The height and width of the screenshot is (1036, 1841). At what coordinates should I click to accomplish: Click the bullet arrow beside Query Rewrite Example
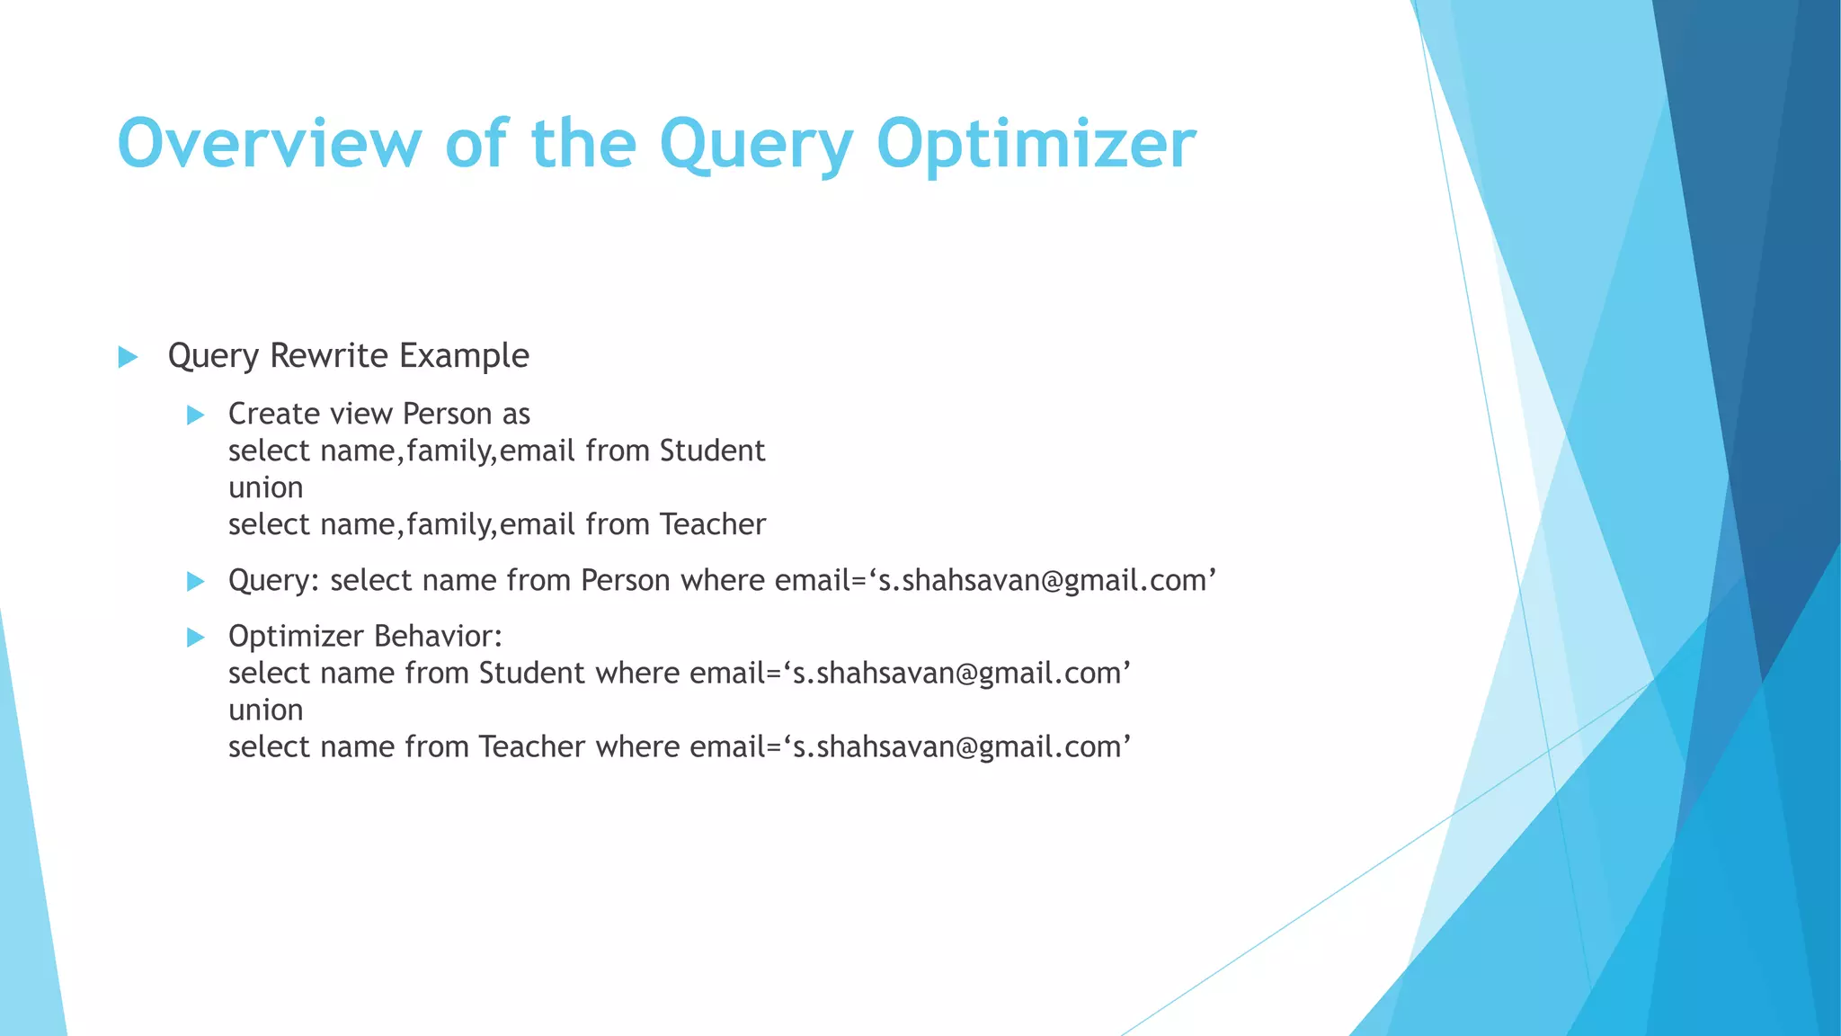coord(128,357)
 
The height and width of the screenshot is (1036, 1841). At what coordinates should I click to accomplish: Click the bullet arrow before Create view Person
coord(195,415)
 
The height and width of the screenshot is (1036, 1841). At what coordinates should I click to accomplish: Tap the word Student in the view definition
coord(712,451)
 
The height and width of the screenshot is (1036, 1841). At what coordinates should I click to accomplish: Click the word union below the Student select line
coord(265,487)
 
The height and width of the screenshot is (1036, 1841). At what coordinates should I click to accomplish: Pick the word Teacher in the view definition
coord(712,524)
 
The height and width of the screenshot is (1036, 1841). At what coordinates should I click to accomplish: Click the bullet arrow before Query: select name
coord(195,581)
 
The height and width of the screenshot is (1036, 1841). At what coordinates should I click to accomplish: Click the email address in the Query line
coord(1046,581)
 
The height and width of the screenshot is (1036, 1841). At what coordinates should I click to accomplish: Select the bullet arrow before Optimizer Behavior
coord(195,638)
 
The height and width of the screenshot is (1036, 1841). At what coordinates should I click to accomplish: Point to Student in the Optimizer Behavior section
coord(531,674)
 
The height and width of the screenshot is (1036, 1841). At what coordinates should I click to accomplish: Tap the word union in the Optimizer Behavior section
coord(265,710)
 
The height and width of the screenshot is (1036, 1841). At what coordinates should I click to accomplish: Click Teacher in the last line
coord(531,747)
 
